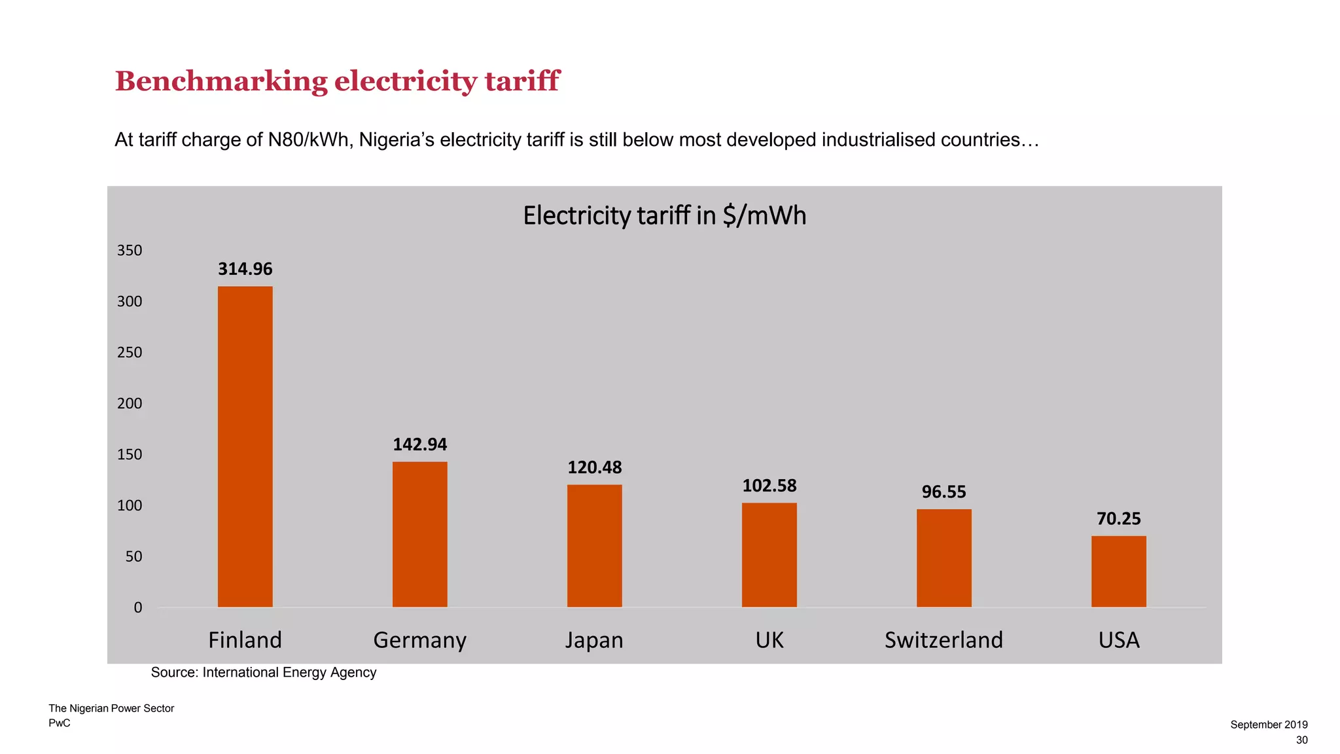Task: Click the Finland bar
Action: [x=245, y=446]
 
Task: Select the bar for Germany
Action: [x=419, y=534]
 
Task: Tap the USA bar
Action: [x=1118, y=571]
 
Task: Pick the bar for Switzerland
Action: [x=943, y=558]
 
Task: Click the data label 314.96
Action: [x=245, y=269]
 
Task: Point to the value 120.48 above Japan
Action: [x=594, y=467]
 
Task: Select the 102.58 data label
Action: [x=769, y=486]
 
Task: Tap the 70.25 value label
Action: [x=1118, y=519]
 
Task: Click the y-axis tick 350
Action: [x=130, y=251]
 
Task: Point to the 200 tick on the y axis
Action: [x=130, y=403]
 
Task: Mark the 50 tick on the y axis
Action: [x=133, y=556]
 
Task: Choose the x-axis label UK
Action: [x=769, y=639]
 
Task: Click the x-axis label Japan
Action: [x=594, y=639]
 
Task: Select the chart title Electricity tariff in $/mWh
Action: [x=664, y=215]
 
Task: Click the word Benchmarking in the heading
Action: [x=221, y=81]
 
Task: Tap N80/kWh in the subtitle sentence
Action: [x=308, y=140]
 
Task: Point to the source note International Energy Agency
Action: [x=289, y=672]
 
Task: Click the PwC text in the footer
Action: [x=60, y=723]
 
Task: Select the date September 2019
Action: [x=1269, y=725]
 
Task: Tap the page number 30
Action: [x=1301, y=740]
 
